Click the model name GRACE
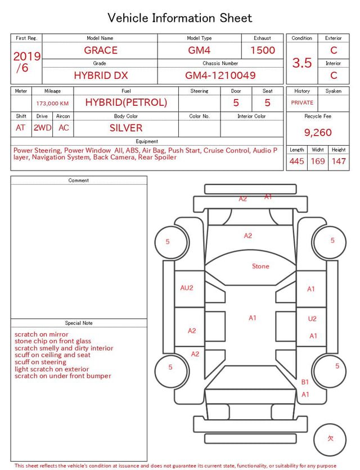pyautogui.click(x=101, y=50)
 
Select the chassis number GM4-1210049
pyautogui.click(x=220, y=75)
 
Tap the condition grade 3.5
pyautogui.click(x=302, y=62)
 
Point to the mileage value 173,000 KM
pyautogui.click(x=52, y=104)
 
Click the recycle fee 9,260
pyautogui.click(x=318, y=132)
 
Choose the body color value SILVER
pyautogui.click(x=126, y=128)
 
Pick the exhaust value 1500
pyautogui.click(x=263, y=50)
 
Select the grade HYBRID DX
pyautogui.click(x=101, y=75)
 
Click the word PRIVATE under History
pyautogui.click(x=302, y=102)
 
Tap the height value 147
pyautogui.click(x=339, y=161)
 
